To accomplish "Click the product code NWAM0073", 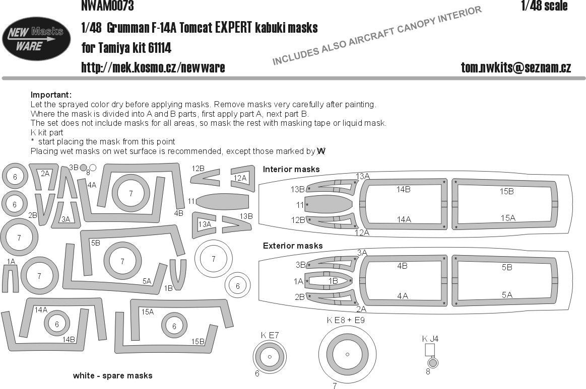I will tap(107, 6).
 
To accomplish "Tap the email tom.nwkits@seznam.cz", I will tap(515, 67).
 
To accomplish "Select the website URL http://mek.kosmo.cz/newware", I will tap(153, 67).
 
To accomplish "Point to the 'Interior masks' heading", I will tap(291, 169).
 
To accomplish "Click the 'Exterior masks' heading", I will tap(293, 246).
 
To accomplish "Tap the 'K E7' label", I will tap(270, 335).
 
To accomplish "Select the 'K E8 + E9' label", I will tap(345, 320).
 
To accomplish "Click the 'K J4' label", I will tap(430, 339).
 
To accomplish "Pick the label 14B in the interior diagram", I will tap(403, 190).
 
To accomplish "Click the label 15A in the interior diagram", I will tap(507, 217).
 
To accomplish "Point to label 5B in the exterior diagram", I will tap(507, 268).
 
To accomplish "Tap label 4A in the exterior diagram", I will tap(402, 296).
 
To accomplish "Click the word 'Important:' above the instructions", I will tap(51, 95).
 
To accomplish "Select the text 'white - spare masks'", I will tap(112, 375).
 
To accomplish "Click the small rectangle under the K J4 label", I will tap(430, 350).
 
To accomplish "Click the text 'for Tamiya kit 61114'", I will tap(126, 48).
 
